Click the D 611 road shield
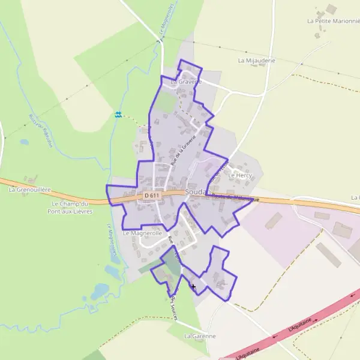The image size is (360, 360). coord(152,196)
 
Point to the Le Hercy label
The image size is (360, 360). coord(241,175)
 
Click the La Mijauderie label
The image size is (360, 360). coord(256,61)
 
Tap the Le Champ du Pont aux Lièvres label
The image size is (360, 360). coord(71,208)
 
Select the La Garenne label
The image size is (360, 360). coord(200,336)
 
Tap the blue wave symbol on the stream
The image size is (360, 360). coord(119,114)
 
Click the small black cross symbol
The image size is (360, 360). coord(193,286)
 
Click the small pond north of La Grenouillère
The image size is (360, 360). coord(24,142)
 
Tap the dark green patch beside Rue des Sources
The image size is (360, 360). coord(173,266)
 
